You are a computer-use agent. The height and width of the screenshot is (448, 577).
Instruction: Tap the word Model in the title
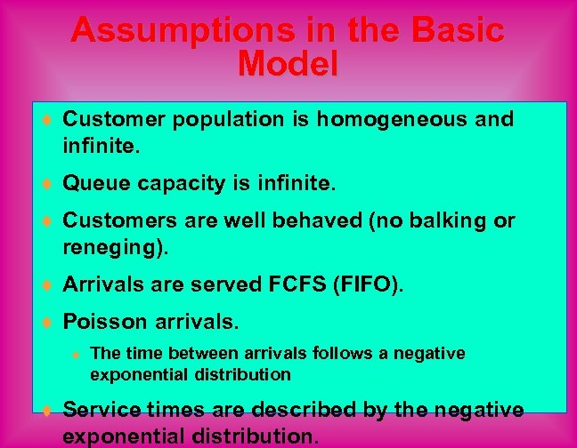point(288,64)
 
